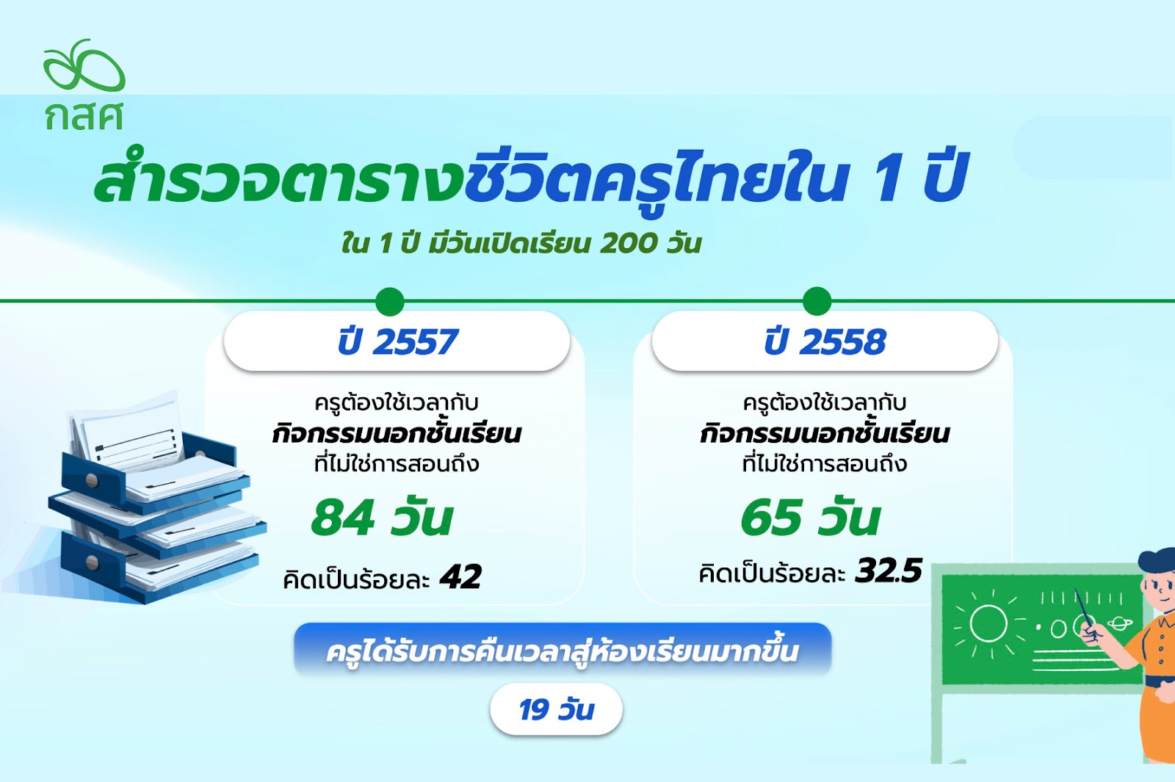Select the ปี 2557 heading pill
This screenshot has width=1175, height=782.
pyautogui.click(x=397, y=341)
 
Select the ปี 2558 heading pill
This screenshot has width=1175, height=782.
pyautogui.click(x=825, y=341)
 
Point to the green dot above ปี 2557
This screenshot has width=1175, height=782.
pyautogui.click(x=390, y=302)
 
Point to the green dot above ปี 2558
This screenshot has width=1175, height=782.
pyautogui.click(x=817, y=301)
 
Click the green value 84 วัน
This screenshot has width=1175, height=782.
pyautogui.click(x=381, y=518)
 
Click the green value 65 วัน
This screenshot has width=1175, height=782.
pyautogui.click(x=810, y=518)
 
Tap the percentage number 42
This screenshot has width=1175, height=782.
pyautogui.click(x=460, y=577)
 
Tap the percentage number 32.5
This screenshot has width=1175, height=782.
pyautogui.click(x=888, y=571)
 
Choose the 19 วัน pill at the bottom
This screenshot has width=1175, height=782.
pyautogui.click(x=556, y=709)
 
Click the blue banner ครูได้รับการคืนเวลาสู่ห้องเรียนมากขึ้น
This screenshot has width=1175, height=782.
pyautogui.click(x=563, y=651)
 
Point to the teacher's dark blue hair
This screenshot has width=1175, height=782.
pyautogui.click(x=1157, y=561)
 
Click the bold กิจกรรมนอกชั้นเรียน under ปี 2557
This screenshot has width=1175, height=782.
pyautogui.click(x=397, y=434)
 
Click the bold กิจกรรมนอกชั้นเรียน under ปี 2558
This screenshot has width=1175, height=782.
pyautogui.click(x=825, y=434)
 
